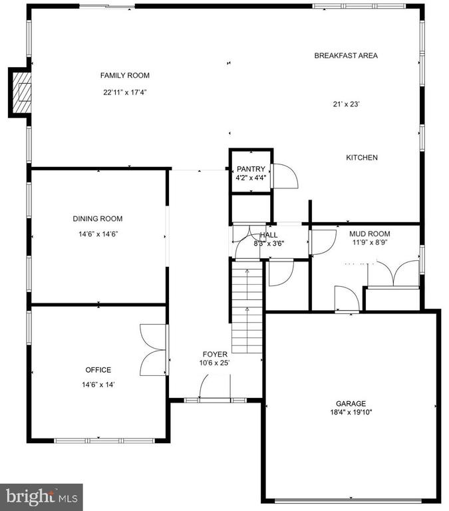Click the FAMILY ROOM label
pyautogui.click(x=125, y=75)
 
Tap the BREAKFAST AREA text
pyautogui.click(x=346, y=55)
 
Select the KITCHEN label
pyautogui.click(x=362, y=158)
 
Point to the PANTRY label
pyautogui.click(x=251, y=169)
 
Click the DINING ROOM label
pyautogui.click(x=97, y=219)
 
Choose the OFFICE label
pyautogui.click(x=98, y=370)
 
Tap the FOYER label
pyautogui.click(x=215, y=354)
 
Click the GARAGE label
pyautogui.click(x=351, y=403)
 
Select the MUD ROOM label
pyautogui.click(x=369, y=234)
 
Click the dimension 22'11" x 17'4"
pyautogui.click(x=125, y=92)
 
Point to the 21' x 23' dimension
pyautogui.click(x=346, y=104)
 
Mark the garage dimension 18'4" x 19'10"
pyautogui.click(x=351, y=413)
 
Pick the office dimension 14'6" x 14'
pyautogui.click(x=98, y=385)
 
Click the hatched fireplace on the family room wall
pyautogui.click(x=21, y=92)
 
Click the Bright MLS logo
pyautogui.click(x=41, y=496)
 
